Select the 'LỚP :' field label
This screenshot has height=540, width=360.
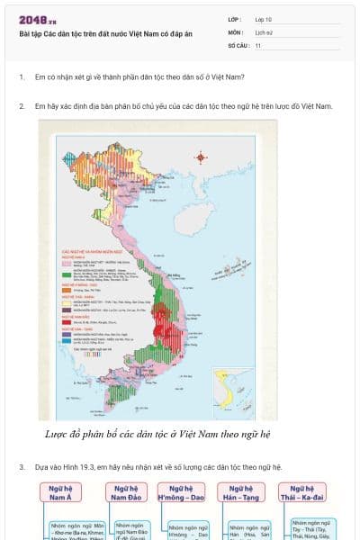234,19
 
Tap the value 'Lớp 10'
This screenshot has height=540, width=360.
264,19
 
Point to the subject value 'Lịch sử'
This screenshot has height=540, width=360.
265,31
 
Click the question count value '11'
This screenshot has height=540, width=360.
258,44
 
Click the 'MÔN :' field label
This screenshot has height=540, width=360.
235,31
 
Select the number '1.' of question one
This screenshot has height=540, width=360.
22,77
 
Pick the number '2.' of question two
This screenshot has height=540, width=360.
22,106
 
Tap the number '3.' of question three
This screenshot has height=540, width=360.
22,468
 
